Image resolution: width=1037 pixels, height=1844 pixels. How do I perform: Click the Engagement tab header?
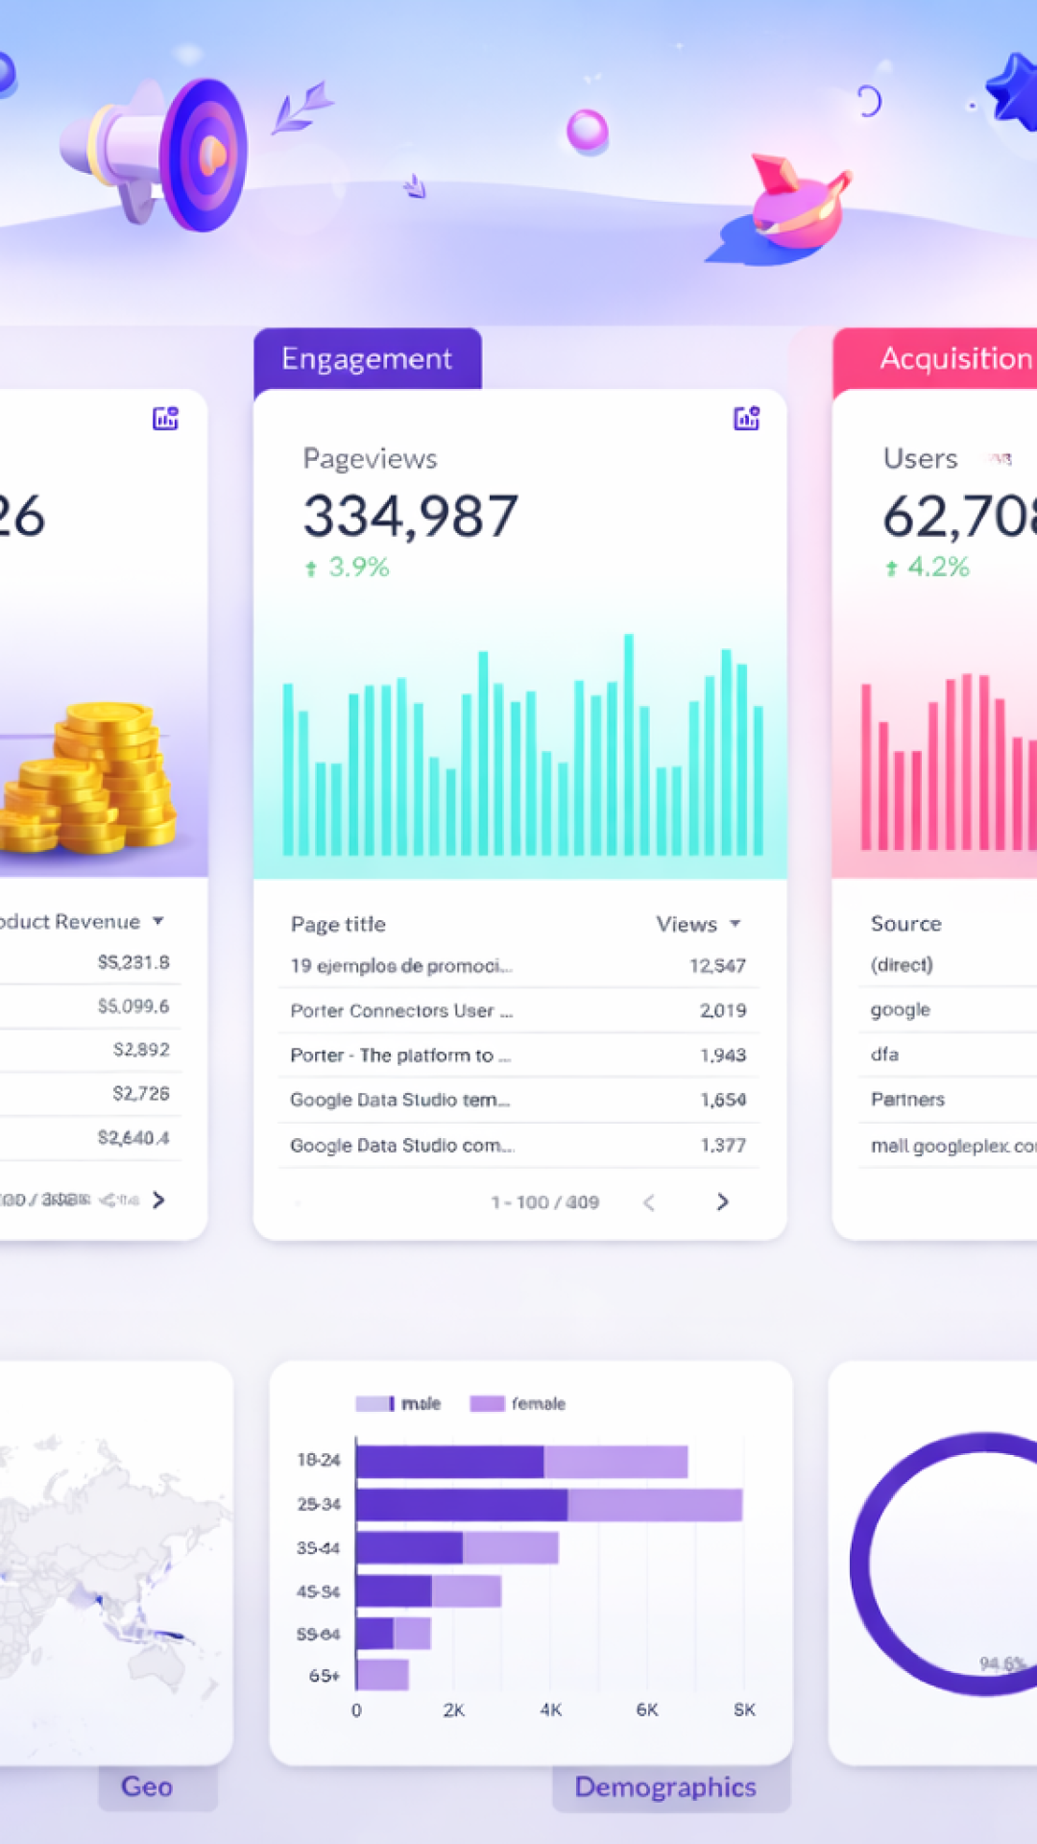coord(367,359)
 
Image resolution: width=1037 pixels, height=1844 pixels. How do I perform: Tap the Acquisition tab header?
coord(954,359)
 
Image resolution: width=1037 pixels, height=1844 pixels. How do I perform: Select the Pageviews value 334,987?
coord(411,517)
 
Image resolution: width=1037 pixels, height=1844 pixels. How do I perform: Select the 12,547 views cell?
coord(717,965)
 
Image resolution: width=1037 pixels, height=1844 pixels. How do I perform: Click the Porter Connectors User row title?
coord(401,1010)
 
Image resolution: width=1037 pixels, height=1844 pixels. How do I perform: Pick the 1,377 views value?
coord(723,1145)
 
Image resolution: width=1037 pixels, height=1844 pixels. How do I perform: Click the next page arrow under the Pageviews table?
coord(723,1201)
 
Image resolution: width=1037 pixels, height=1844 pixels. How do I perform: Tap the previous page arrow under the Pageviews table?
coord(649,1202)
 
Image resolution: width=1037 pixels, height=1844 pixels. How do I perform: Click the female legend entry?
coord(518,1404)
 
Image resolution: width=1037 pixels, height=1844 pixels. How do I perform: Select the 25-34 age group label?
coord(319,1504)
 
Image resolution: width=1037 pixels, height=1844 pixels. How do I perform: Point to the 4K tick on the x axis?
coord(551,1710)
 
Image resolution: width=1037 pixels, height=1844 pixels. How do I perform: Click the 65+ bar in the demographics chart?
coord(382,1675)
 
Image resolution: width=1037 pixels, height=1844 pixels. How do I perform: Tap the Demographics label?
coord(665,1786)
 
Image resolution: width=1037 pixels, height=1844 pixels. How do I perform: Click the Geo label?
coord(147,1786)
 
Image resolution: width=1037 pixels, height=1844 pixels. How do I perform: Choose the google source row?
coord(901,1009)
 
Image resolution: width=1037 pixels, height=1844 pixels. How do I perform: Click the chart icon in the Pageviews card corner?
coord(746,418)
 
